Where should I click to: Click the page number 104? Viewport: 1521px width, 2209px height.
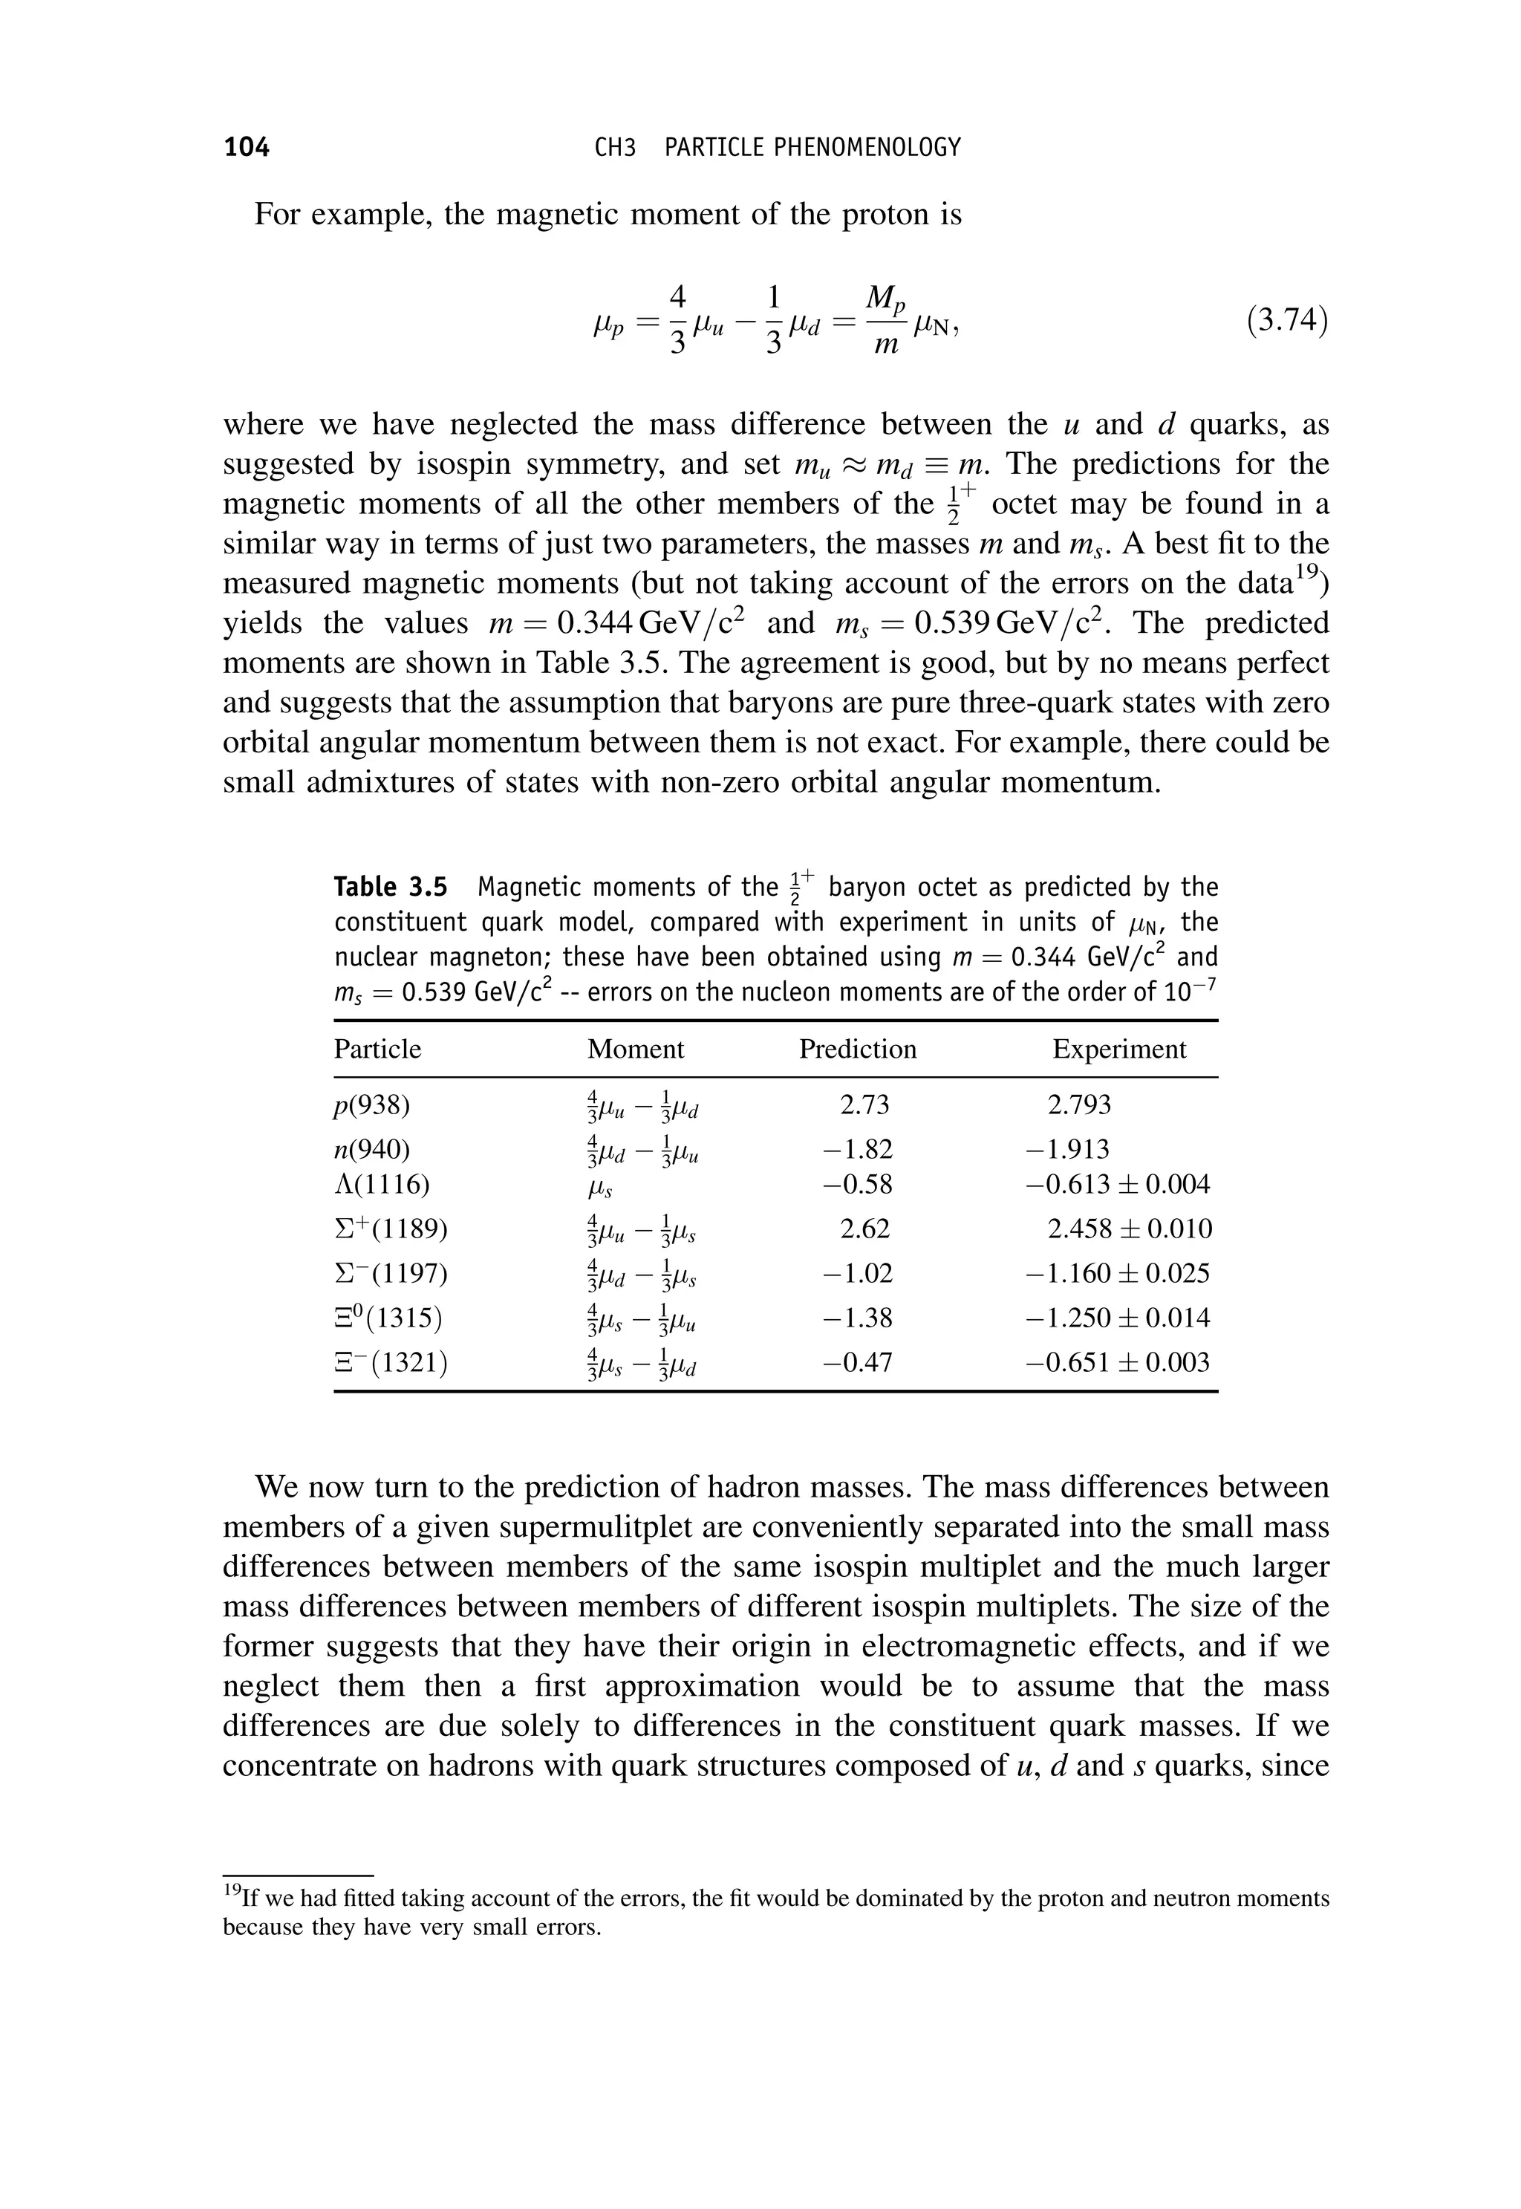pyautogui.click(x=247, y=147)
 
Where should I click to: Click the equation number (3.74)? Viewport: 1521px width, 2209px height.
pyautogui.click(x=1286, y=320)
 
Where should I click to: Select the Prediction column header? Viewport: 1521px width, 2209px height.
pyautogui.click(x=857, y=1050)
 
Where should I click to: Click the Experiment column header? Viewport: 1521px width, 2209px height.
pyautogui.click(x=1118, y=1050)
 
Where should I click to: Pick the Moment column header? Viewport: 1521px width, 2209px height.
pyautogui.click(x=636, y=1050)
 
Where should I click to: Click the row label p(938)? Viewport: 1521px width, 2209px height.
pyautogui.click(x=371, y=1104)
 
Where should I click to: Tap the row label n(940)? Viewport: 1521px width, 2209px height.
pyautogui.click(x=371, y=1149)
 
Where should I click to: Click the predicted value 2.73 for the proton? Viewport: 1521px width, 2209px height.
pyautogui.click(x=864, y=1104)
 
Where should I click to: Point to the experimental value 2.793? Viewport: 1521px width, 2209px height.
pyautogui.click(x=1079, y=1104)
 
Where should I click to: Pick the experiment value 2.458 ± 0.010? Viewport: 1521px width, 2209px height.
pyautogui.click(x=1130, y=1229)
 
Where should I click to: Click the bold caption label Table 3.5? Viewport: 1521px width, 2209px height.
pyautogui.click(x=390, y=887)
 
